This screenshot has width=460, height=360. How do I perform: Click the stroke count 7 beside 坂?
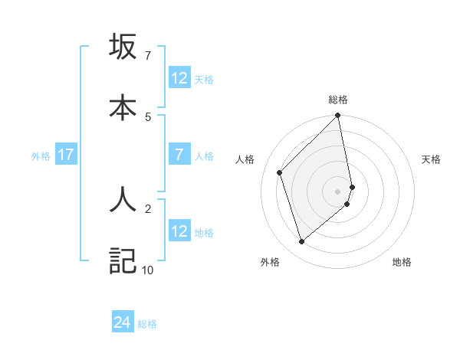coord(147,56)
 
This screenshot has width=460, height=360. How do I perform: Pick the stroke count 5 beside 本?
coord(147,116)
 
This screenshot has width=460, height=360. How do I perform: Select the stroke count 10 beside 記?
coord(147,270)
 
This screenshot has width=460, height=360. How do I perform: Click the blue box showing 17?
coord(66,155)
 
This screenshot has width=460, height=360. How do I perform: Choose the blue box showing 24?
coord(123,323)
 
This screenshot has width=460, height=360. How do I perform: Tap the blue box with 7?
coord(179,155)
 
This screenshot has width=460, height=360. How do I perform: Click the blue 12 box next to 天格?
coord(179,78)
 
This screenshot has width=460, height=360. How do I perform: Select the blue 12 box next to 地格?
coord(179,231)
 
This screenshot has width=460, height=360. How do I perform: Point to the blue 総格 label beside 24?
coord(147,324)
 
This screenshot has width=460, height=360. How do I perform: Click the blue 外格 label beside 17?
coord(41,155)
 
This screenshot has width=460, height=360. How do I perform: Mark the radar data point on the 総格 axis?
coord(338,116)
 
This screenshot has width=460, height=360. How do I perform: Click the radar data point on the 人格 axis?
coord(280,172)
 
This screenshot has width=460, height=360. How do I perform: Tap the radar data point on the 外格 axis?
coord(301,242)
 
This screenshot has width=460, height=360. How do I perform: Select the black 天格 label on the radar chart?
coord(431,159)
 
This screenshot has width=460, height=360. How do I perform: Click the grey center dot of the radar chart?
coord(338,191)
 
